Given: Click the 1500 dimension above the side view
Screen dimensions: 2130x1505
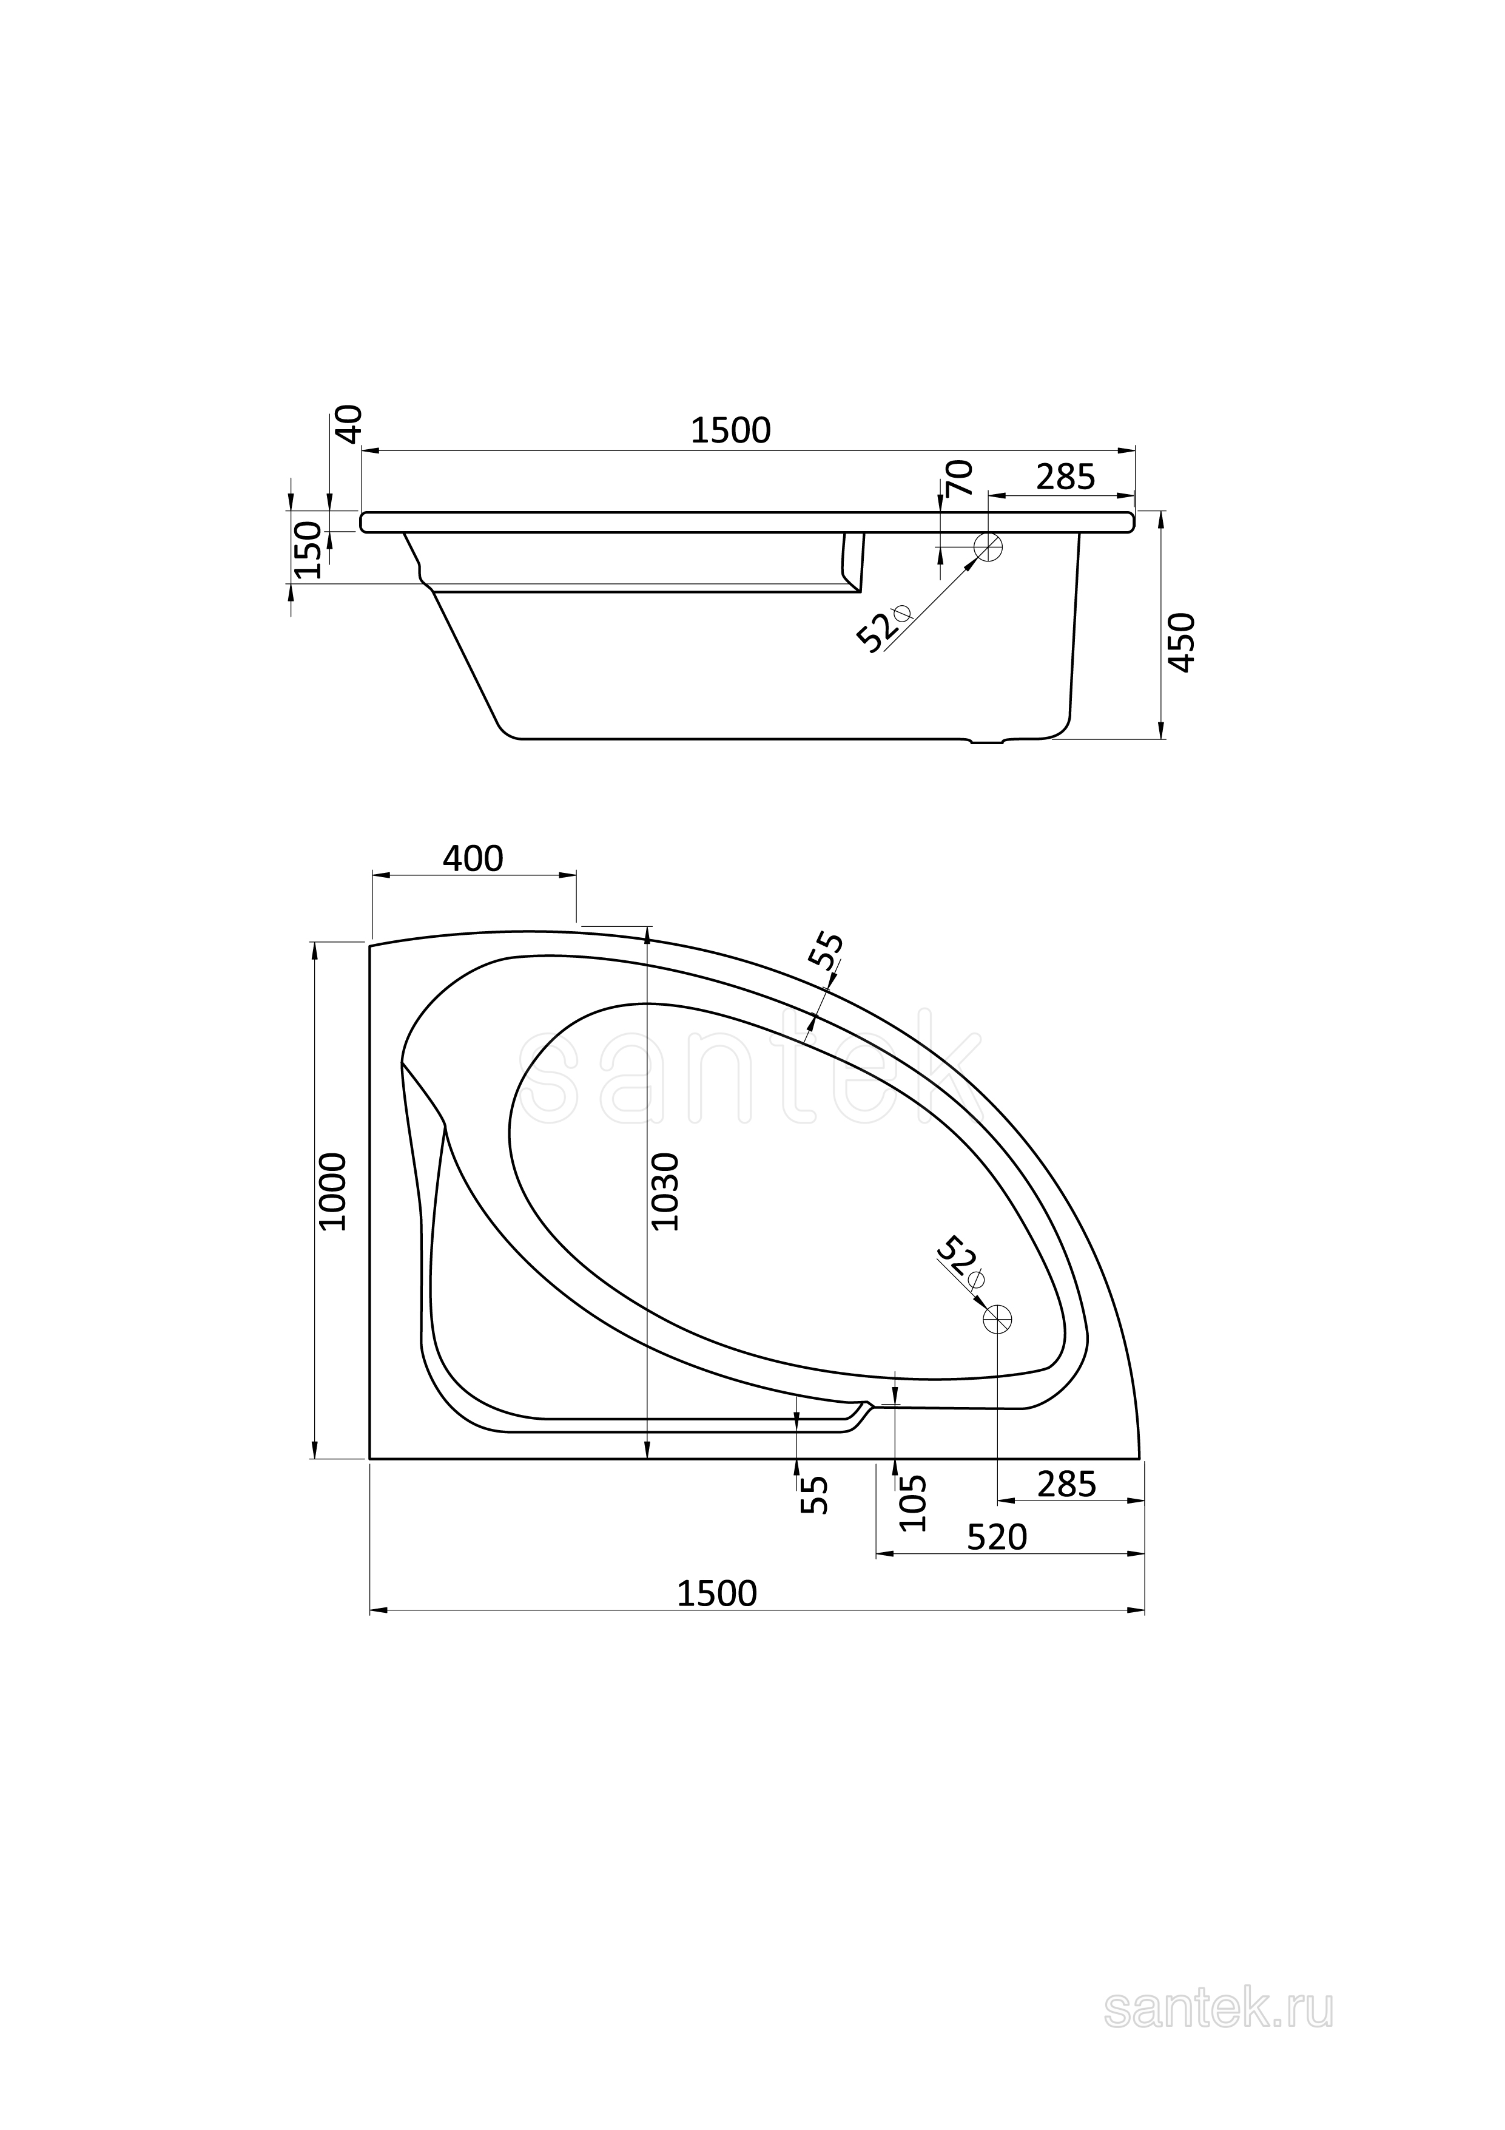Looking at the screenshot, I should click(x=731, y=430).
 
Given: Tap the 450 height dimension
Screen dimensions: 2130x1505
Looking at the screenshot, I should click(x=1182, y=642).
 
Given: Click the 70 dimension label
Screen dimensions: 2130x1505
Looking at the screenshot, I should click(x=961, y=478).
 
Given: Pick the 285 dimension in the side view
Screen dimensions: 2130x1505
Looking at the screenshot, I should click(x=1065, y=477).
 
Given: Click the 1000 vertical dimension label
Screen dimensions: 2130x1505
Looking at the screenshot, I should click(x=332, y=1192).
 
